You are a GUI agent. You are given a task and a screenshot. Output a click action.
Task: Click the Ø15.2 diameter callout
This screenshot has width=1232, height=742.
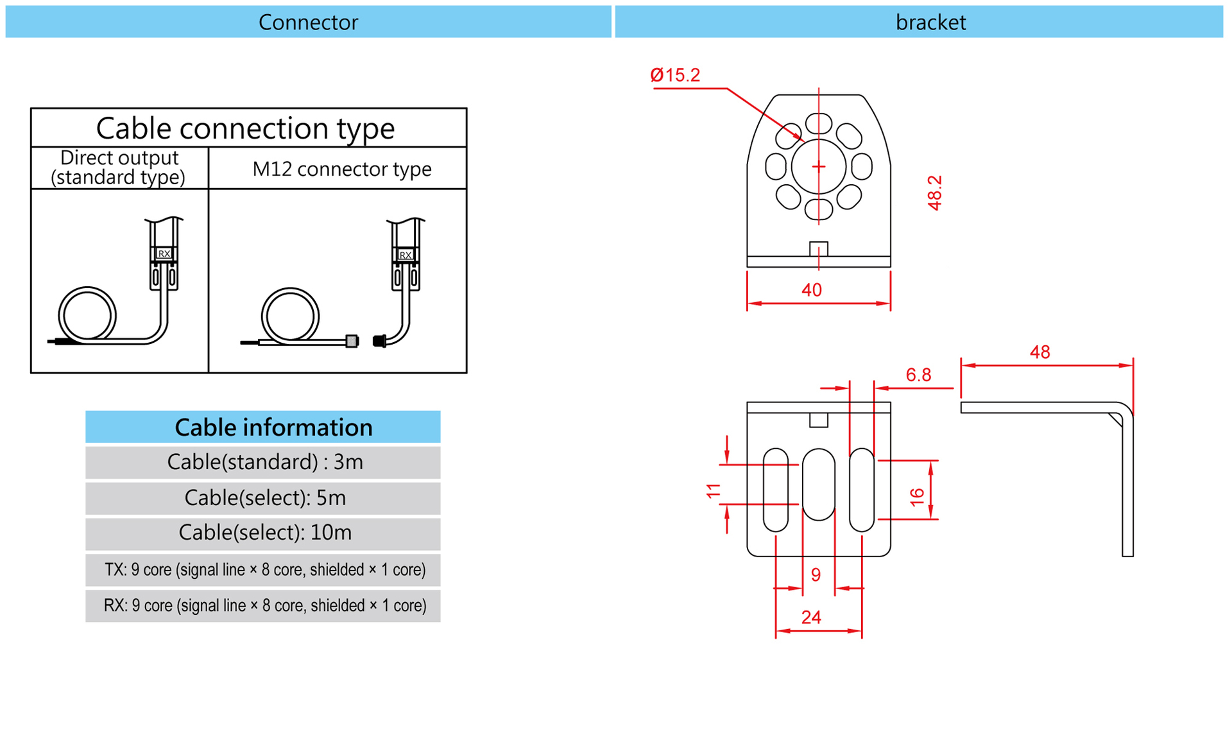[x=675, y=76]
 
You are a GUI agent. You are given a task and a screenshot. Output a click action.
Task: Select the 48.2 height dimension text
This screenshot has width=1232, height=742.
[x=935, y=193]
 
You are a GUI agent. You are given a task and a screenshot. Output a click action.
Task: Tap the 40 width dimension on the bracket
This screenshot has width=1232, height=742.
[x=812, y=290]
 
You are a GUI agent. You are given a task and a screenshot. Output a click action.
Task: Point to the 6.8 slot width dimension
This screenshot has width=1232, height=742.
[x=918, y=375]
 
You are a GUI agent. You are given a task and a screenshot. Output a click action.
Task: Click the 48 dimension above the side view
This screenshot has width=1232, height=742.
[x=1039, y=352]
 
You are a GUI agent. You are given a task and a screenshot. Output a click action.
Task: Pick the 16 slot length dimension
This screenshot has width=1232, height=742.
[x=917, y=496]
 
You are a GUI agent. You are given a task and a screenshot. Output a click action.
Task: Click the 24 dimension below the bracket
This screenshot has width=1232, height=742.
[x=811, y=617]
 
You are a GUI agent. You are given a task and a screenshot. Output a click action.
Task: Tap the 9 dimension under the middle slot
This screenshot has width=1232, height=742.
[x=816, y=574]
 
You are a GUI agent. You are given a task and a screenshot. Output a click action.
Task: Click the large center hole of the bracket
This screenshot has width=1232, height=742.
[x=819, y=167]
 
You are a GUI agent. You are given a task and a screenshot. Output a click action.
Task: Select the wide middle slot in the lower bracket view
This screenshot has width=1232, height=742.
[x=819, y=484]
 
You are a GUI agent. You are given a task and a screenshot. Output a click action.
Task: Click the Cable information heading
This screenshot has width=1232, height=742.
[x=273, y=427]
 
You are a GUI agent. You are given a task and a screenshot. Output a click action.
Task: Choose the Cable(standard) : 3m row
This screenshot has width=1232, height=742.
[x=264, y=462]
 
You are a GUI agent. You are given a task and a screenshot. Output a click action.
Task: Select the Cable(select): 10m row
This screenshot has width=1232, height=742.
[x=264, y=533]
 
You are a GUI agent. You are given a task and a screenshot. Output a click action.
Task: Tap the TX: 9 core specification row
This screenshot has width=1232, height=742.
[x=264, y=570]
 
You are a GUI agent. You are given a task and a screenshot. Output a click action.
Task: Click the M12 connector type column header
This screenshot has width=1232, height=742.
[x=341, y=169]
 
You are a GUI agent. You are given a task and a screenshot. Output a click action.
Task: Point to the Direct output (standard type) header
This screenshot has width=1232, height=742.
[x=119, y=168]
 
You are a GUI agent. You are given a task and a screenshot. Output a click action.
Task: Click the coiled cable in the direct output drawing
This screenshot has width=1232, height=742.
[x=87, y=315]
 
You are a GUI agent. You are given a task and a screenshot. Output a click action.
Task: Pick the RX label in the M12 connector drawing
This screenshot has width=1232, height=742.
[x=406, y=255]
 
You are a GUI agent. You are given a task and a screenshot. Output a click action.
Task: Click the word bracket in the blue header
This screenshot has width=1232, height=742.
[x=930, y=22]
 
